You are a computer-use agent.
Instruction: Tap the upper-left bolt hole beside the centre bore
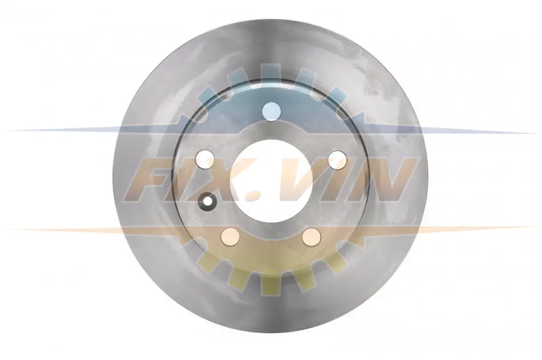205,159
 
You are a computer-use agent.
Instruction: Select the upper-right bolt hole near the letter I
337,160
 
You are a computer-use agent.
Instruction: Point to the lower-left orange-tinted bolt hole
230,237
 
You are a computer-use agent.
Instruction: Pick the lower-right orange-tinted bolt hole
312,237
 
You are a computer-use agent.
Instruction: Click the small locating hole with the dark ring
208,201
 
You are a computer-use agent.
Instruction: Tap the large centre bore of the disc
272,180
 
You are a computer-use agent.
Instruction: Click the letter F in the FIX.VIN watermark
152,180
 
